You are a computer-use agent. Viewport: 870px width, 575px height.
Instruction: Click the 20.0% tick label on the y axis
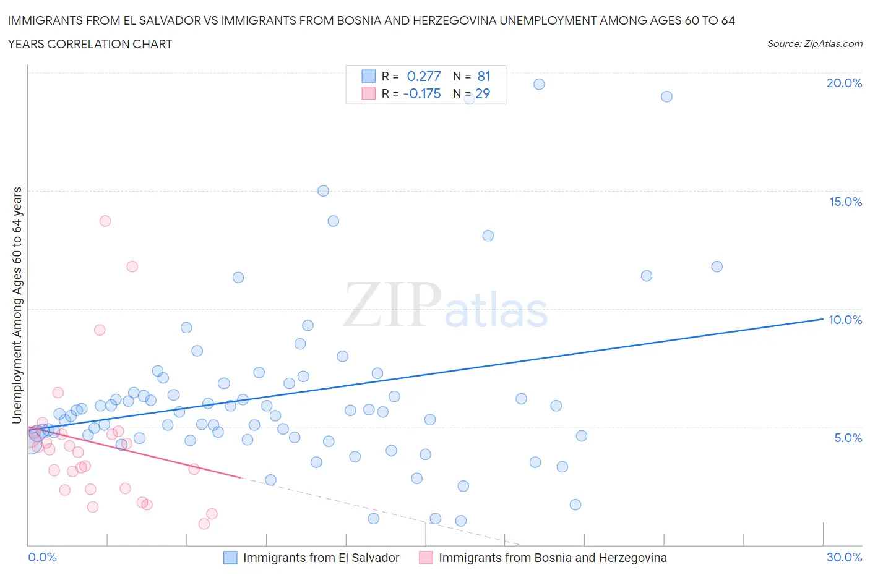pos(844,83)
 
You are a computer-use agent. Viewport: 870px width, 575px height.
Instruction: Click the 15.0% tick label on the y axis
pos(845,202)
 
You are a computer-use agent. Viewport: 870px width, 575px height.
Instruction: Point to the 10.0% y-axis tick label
pos(845,320)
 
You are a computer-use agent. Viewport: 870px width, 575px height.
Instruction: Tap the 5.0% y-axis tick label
pos(848,438)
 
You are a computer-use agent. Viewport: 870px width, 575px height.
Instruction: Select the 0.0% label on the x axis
pos(42,557)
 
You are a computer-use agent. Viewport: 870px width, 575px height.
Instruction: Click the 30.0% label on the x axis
pos(844,557)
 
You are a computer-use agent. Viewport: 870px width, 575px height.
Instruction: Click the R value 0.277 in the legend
pos(424,76)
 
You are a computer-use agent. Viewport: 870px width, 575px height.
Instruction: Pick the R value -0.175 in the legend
pos(422,93)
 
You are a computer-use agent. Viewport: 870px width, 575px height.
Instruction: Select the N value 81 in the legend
pos(484,76)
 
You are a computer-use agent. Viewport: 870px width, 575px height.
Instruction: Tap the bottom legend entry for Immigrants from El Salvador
pos(321,558)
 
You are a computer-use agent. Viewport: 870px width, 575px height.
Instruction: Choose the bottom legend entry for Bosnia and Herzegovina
pos(553,558)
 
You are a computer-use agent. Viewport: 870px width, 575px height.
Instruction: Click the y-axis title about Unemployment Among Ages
pos(17,305)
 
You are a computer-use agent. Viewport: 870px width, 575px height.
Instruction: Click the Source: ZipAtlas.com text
pos(814,43)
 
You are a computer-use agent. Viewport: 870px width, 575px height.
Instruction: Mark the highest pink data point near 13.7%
pos(105,221)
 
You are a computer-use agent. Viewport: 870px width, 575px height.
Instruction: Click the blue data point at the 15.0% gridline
pos(323,191)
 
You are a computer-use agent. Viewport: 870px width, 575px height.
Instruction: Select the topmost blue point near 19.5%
pos(539,84)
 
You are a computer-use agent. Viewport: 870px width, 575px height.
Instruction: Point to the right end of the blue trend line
pos(823,319)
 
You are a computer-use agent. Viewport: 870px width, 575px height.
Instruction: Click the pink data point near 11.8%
pos(132,266)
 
